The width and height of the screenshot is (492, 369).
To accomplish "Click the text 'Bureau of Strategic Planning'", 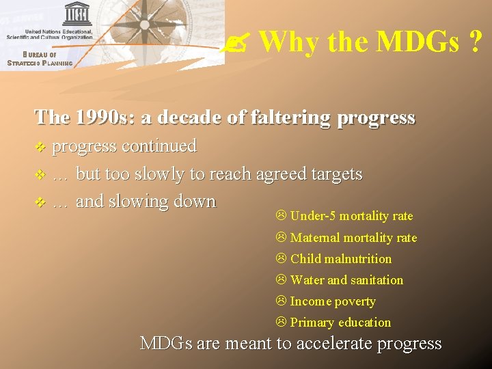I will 39,59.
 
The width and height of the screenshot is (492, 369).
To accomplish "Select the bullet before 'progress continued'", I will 40,147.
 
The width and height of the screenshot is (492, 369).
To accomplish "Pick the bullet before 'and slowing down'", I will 40,202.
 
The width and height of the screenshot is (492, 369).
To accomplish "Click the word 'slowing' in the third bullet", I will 141,202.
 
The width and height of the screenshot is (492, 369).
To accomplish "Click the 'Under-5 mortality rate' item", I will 351,216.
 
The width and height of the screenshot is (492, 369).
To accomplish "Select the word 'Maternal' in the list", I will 314,238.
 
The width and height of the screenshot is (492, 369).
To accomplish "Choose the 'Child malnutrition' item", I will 340,259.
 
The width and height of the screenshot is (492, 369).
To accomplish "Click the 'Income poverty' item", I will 332,301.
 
